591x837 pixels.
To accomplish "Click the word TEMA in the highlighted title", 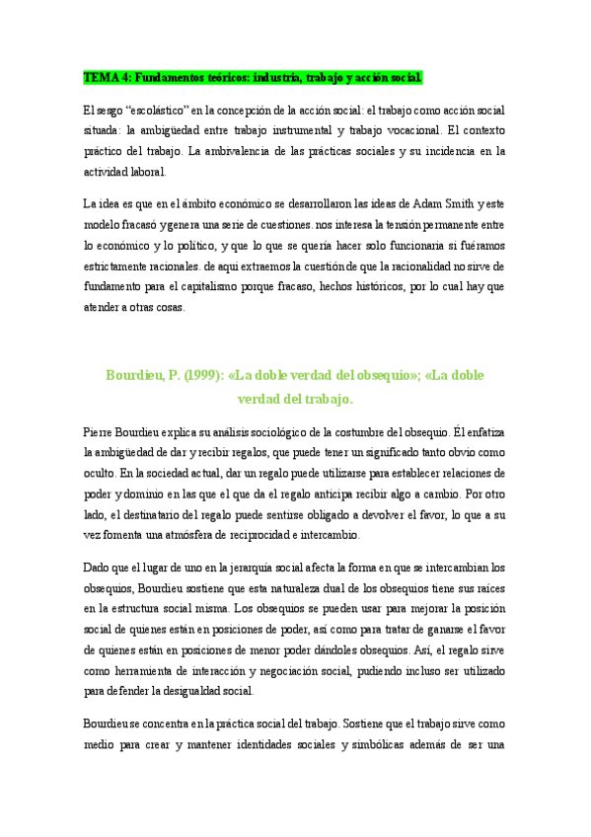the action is click(100, 77).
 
